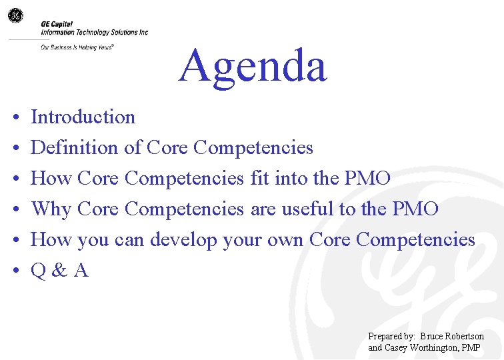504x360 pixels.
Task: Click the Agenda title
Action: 253,66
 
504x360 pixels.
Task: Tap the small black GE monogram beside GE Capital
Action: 15,15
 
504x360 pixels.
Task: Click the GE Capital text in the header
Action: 57,24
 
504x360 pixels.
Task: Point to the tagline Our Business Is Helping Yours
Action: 77,47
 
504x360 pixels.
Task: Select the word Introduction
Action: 83,117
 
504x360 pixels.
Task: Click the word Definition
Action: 75,147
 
